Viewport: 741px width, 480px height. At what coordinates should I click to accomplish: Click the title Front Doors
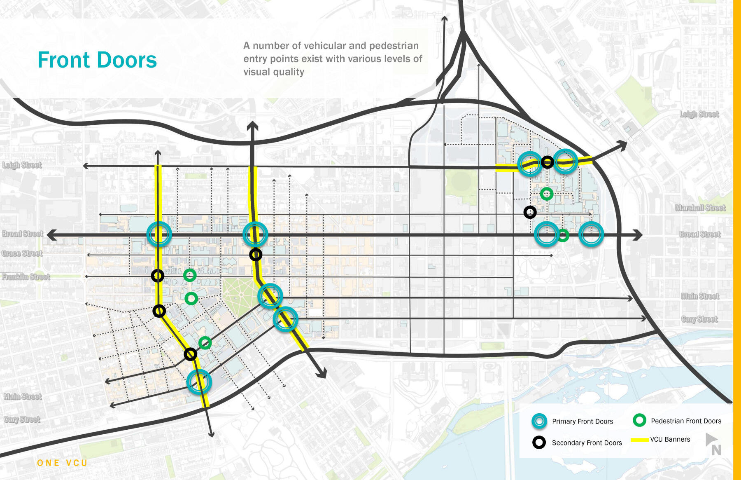tap(97, 60)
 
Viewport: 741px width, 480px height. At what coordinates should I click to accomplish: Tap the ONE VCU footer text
tap(62, 463)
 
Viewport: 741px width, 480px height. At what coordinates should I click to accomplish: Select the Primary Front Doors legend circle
tap(539, 421)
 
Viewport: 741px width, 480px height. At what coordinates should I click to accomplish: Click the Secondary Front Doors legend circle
tap(539, 443)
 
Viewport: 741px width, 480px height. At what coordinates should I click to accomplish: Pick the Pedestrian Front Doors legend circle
tap(639, 420)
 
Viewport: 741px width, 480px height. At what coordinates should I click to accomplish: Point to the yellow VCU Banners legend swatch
tap(640, 440)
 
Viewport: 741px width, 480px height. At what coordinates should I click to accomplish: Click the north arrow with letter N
tap(713, 444)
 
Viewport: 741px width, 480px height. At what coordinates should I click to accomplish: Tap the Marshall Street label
tap(700, 208)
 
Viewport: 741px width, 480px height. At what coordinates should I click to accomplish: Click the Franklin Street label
tap(26, 277)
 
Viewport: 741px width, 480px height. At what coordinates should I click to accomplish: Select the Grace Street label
tap(22, 253)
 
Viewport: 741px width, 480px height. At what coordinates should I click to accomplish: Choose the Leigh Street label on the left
tap(22, 165)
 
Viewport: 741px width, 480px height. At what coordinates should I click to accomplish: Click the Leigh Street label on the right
tap(699, 114)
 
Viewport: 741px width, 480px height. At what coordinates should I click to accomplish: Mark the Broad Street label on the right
tap(700, 234)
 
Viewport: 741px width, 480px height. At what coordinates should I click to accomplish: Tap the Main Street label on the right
tap(700, 296)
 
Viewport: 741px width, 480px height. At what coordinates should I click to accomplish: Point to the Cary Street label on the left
tap(22, 420)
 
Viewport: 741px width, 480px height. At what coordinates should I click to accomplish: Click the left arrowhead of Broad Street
tap(51, 235)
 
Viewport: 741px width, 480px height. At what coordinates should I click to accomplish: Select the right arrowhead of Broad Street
tap(638, 235)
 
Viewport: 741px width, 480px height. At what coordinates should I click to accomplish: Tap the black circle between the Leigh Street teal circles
tap(547, 162)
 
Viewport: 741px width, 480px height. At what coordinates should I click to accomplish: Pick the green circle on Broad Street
tap(563, 235)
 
